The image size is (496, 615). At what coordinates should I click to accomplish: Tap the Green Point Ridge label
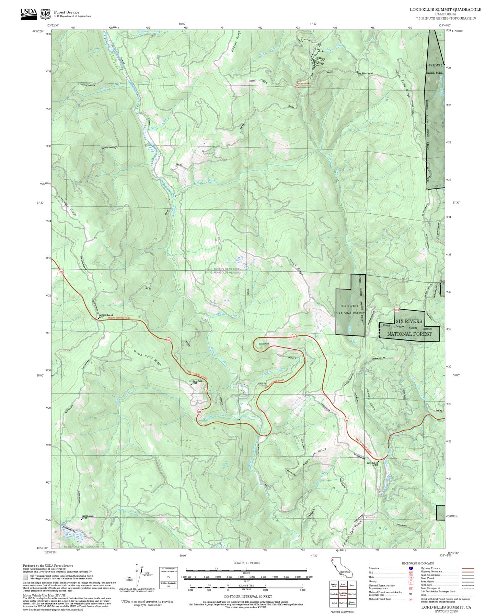(x=148, y=358)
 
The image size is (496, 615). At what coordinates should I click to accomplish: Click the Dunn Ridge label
(x=258, y=82)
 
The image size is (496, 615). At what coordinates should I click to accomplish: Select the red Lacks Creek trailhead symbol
(x=298, y=87)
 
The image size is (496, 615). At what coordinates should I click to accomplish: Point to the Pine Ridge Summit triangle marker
(x=357, y=72)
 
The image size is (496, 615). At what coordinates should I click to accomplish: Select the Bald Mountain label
(x=88, y=516)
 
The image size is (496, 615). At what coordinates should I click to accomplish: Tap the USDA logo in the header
(x=28, y=14)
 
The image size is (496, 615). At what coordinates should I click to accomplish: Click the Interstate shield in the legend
(x=411, y=568)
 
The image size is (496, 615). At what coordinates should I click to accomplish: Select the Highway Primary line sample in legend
(x=468, y=568)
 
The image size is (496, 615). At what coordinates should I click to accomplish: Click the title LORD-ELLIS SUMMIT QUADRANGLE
(x=445, y=10)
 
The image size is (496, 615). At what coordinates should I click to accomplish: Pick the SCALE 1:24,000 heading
(x=246, y=563)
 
